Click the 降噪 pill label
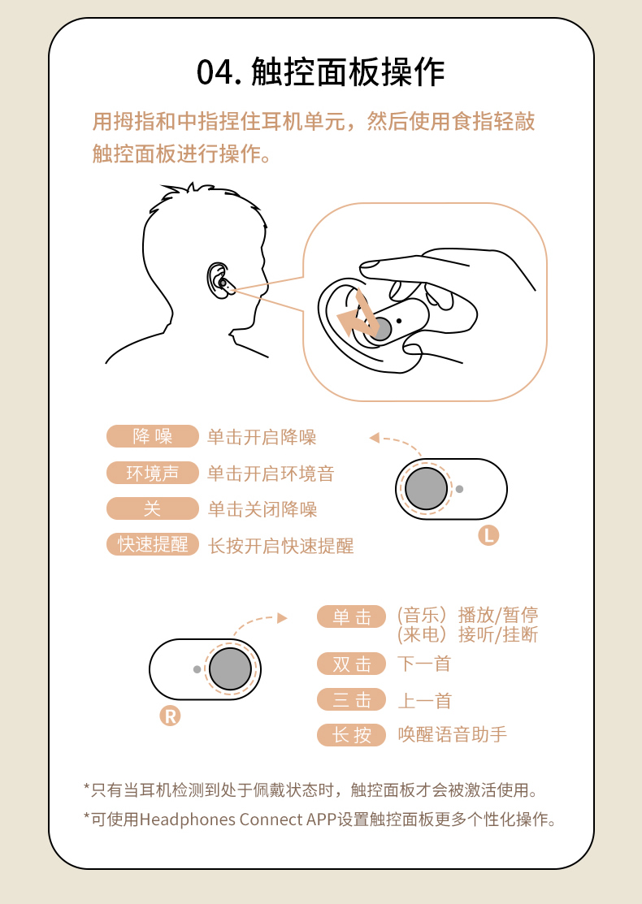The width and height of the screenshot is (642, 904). coord(152,436)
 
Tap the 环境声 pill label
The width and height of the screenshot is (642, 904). coord(152,473)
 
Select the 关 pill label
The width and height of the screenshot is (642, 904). coord(152,508)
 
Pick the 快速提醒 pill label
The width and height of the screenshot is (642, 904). coord(152,544)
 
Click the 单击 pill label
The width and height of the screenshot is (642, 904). coord(351,617)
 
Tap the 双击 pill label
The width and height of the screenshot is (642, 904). coord(351,664)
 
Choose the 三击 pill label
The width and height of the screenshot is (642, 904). coord(351,700)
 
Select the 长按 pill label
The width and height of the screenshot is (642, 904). coord(351,735)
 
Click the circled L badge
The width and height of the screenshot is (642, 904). coord(488,535)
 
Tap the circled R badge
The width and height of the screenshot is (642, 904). coord(170,716)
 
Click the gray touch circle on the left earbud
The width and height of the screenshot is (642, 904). coord(427,489)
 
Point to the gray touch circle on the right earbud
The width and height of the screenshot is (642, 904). coord(230,668)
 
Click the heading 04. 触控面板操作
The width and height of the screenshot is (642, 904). coord(321,72)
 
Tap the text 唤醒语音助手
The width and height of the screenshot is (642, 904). coord(453,734)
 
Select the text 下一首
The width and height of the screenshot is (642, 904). coord(424,664)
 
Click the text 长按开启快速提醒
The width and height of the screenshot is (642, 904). coord(281,545)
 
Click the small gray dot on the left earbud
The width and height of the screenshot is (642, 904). coord(460,489)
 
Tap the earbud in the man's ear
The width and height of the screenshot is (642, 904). coord(226,284)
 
